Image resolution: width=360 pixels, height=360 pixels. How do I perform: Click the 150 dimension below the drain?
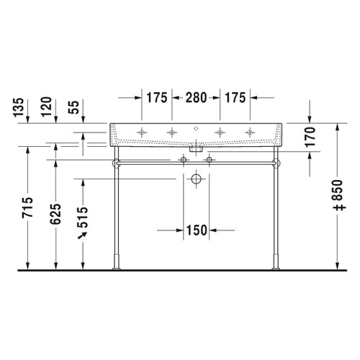(196, 230)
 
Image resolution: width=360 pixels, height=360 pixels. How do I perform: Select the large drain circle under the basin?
(196, 180)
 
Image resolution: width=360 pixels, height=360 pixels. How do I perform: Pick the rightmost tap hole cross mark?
(249, 132)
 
